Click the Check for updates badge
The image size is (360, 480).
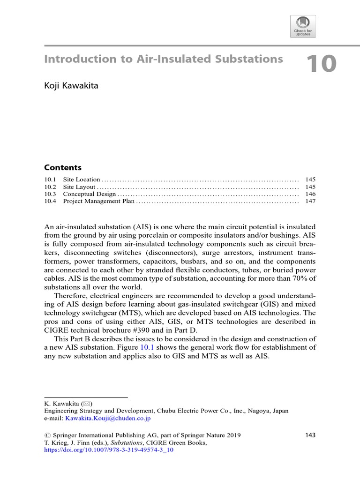303,26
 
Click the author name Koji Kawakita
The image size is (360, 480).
71,86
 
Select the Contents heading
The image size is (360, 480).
63,167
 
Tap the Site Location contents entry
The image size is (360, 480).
82,180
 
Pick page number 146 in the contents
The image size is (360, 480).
310,194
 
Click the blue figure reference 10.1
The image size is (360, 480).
148,347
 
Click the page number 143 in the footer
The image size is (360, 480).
310,435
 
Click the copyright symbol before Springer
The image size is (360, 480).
47,435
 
